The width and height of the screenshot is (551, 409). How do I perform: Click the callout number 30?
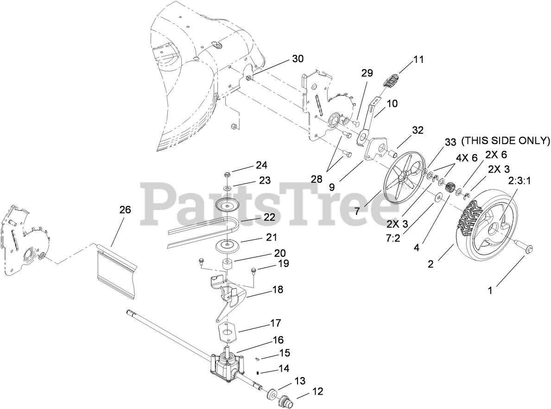coord(298,59)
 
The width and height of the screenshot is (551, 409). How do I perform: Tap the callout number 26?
coord(125,210)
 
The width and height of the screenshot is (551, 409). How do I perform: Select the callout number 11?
coord(419,60)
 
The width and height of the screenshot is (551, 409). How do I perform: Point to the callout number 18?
coord(278,290)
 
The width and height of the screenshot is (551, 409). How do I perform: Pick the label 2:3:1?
coord(519,181)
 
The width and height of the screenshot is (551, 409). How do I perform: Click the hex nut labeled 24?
coord(228,175)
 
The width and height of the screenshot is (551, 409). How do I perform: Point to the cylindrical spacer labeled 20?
coord(227,265)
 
